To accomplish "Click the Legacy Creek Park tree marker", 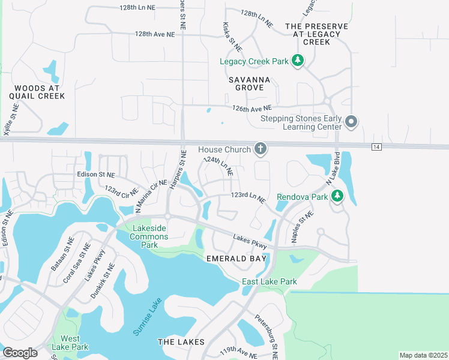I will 297,61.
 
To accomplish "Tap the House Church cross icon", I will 260,149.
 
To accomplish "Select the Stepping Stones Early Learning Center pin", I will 352,122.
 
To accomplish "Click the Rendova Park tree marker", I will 337,196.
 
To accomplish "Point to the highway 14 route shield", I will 376,147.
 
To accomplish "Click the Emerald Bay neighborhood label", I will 236,258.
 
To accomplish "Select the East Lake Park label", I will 270,281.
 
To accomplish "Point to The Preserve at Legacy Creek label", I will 316,34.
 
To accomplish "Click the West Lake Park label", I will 70,343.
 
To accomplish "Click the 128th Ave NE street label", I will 155,35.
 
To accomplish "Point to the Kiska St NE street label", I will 233,38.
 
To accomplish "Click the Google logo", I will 20,353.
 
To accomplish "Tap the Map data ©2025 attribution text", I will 423,355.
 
